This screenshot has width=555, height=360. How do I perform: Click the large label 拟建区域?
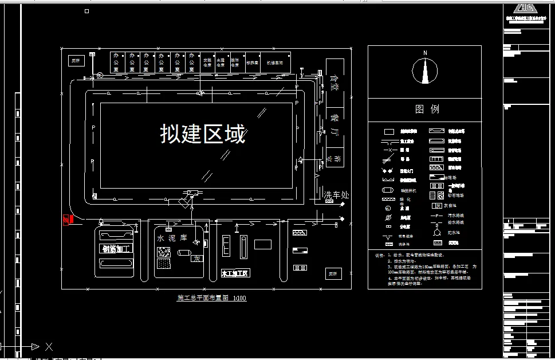coord(203,134)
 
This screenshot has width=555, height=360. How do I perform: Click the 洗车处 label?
coord(336,195)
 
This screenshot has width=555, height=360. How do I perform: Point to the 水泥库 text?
coord(172,237)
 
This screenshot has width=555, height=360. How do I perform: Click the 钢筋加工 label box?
coord(117,249)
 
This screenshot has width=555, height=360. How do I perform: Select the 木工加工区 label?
coord(235,273)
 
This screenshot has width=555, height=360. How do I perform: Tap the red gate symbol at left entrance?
coord(66,220)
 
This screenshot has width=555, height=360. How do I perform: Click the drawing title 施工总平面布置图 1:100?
coord(212,298)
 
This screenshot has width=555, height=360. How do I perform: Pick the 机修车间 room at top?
coord(274,62)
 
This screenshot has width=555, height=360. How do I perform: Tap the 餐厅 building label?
coord(334,126)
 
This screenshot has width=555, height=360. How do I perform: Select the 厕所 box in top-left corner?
coord(75,60)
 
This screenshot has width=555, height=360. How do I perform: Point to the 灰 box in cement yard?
coord(197,259)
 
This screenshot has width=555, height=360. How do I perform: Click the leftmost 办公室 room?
coord(117,62)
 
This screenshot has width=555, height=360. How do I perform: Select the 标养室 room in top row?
coord(252,62)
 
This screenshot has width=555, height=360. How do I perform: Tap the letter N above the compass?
coord(425,53)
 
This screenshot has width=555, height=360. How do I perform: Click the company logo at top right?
coord(525,8)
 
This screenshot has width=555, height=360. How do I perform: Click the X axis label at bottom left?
coord(49,346)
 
